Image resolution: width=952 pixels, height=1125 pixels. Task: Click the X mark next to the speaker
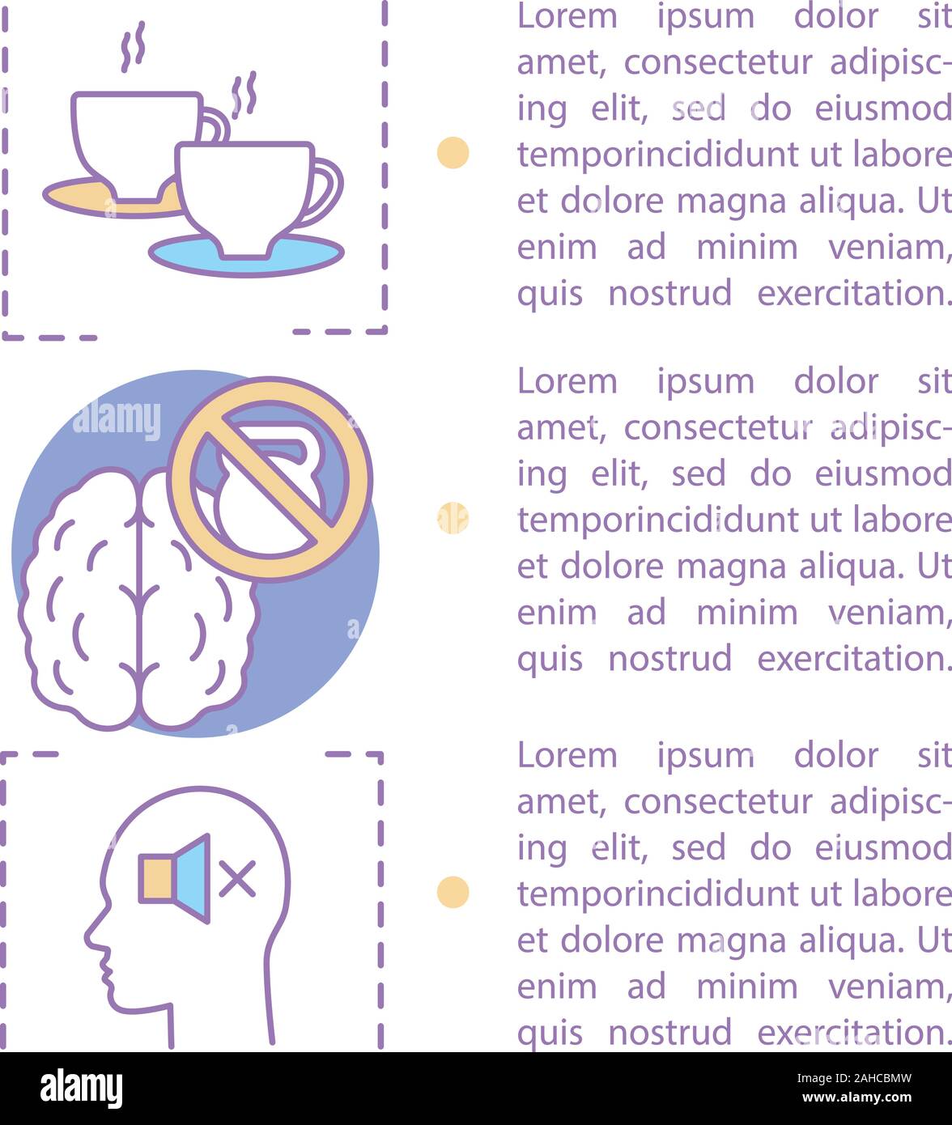pos(237,878)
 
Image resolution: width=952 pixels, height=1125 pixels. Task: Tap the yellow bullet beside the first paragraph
pos(453,152)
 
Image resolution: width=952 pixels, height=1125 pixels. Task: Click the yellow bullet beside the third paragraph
pos(453,891)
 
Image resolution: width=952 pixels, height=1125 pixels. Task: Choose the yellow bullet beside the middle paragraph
pos(453,518)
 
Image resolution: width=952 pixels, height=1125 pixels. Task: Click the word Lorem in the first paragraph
pos(566,16)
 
